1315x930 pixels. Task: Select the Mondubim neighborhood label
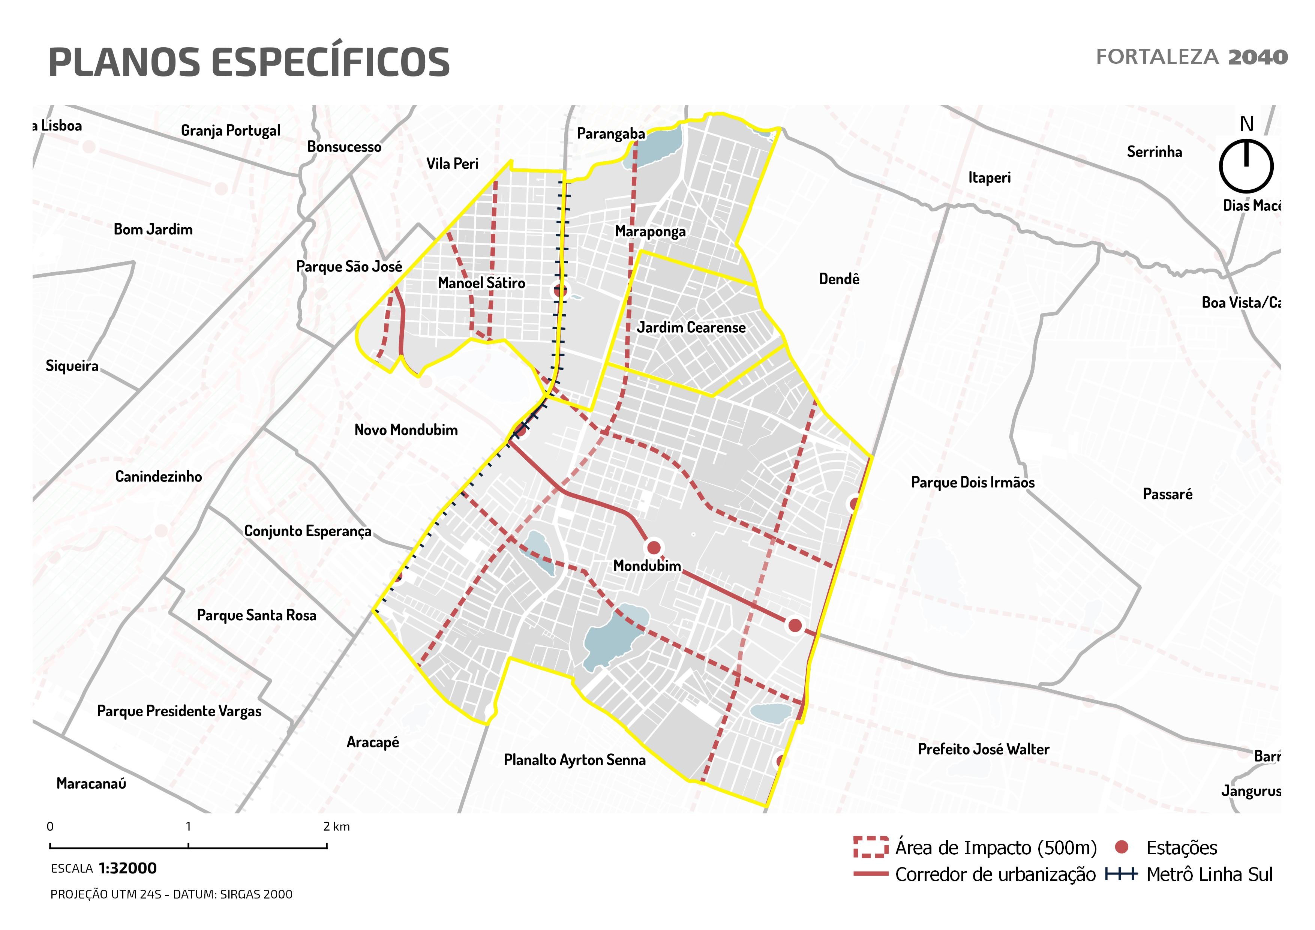[x=647, y=566]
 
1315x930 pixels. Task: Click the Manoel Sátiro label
[x=481, y=283]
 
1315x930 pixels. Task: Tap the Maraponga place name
[x=650, y=231]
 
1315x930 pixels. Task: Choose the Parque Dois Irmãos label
[x=973, y=482]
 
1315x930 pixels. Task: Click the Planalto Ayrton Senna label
[x=574, y=760]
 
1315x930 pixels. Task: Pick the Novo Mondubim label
[x=406, y=430]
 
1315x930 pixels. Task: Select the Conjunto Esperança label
[x=307, y=531]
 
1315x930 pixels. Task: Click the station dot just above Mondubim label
[x=654, y=547]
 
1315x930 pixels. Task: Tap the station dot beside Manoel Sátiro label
[x=560, y=290]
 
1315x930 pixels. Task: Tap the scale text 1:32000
[x=127, y=869]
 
